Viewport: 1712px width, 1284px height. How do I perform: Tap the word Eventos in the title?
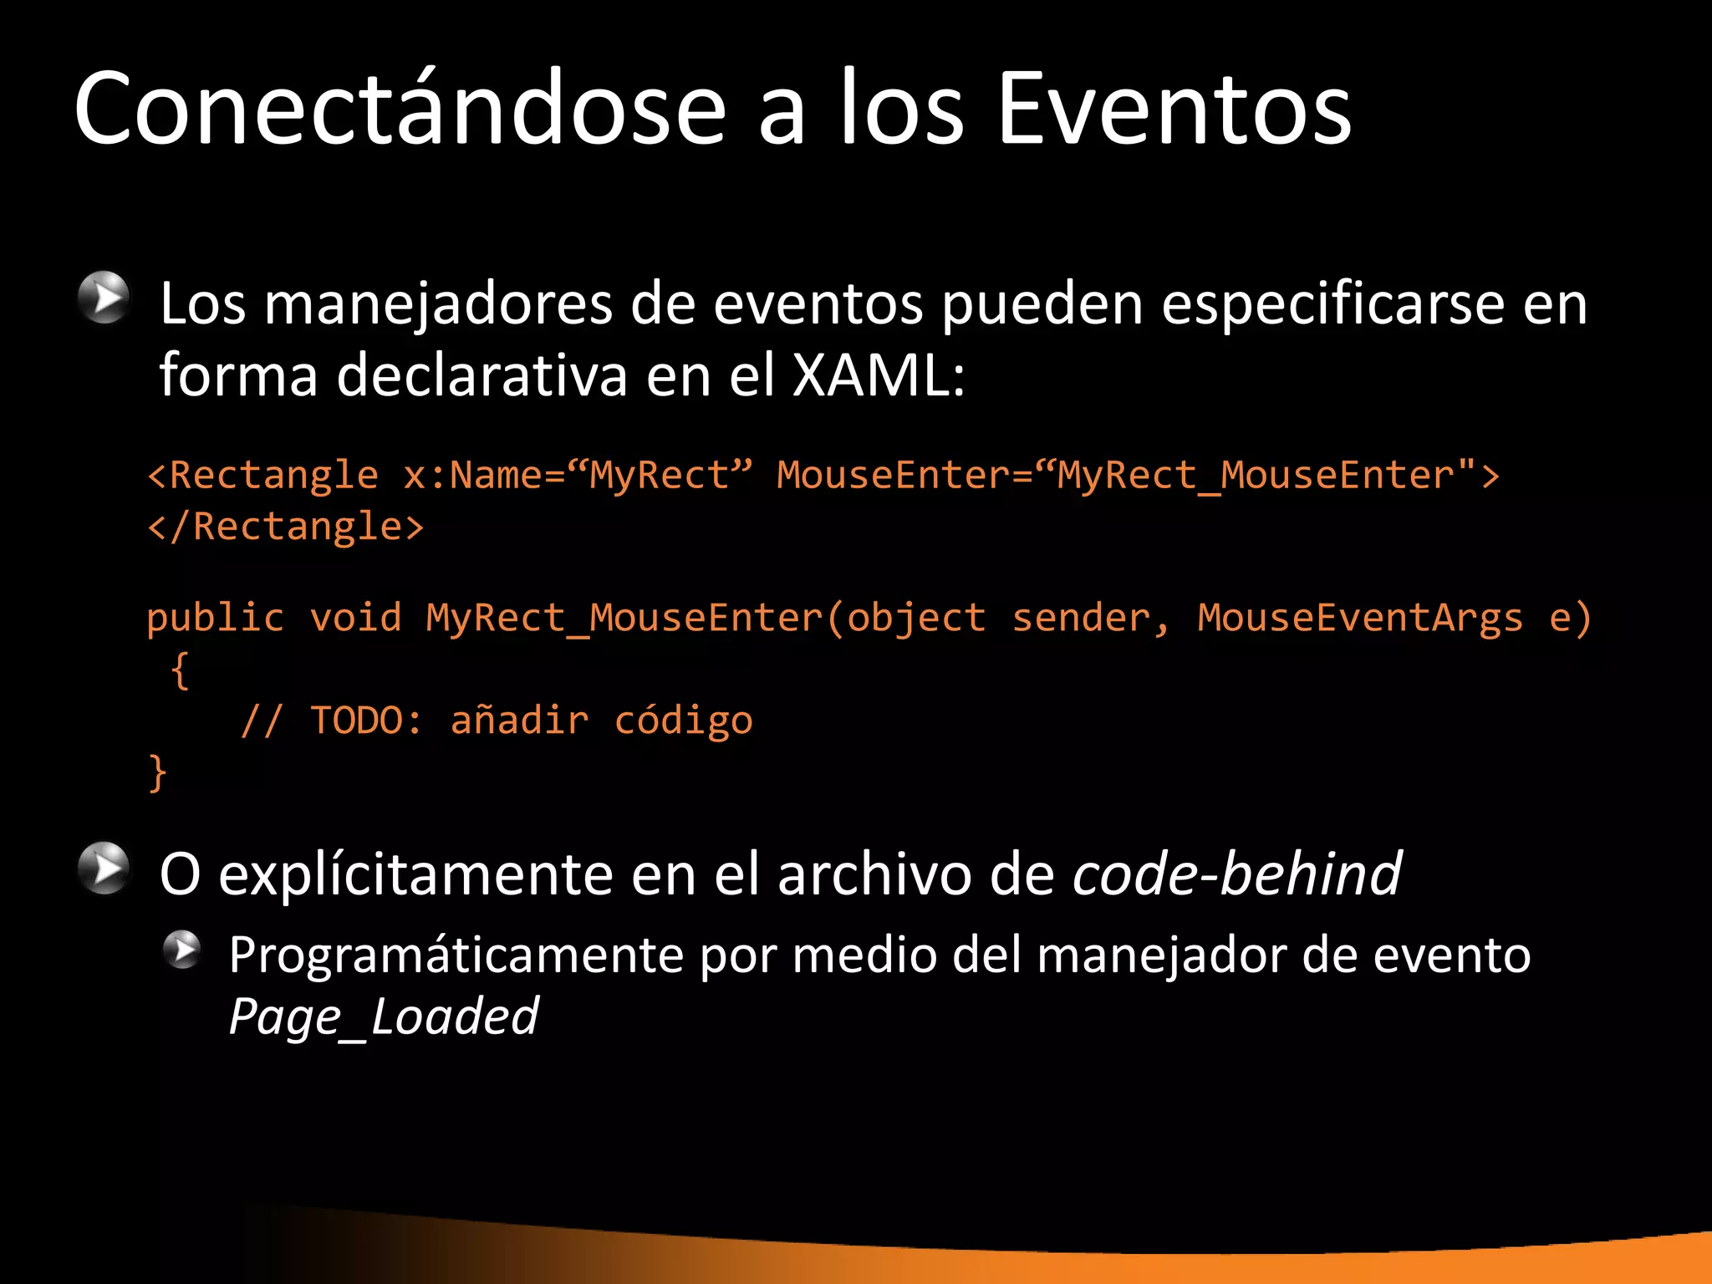tap(1174, 109)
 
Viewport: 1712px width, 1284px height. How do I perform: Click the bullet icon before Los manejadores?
tap(104, 297)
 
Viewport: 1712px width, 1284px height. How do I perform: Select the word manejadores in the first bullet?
tap(438, 304)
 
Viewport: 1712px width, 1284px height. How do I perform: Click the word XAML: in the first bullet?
tap(878, 375)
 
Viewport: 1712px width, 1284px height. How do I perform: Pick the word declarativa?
tap(481, 375)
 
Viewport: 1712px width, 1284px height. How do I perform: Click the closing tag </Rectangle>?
tap(286, 527)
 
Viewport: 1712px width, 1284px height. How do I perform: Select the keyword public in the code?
tap(216, 619)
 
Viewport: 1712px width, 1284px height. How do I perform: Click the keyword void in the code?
tap(356, 619)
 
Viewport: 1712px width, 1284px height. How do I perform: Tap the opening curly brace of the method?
tap(180, 670)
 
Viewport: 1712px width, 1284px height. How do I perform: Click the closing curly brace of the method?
tap(157, 772)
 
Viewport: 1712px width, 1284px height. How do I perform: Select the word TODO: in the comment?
tap(367, 721)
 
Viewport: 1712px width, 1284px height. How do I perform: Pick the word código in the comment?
tap(683, 721)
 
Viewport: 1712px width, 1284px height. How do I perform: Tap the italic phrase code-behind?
tap(1236, 874)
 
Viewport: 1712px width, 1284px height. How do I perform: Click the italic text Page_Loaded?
tap(384, 1016)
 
